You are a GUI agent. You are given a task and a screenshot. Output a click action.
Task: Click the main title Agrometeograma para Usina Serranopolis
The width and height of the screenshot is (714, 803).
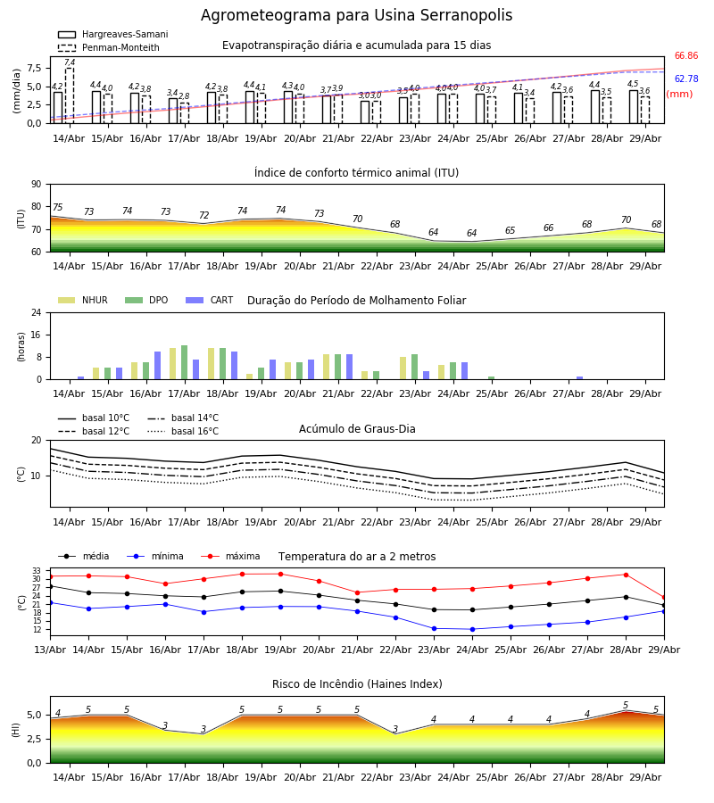356,15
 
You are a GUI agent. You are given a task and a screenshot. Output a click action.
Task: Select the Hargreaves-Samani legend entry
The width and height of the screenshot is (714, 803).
113,34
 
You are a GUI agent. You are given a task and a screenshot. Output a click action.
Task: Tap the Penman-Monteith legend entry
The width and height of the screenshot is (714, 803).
109,47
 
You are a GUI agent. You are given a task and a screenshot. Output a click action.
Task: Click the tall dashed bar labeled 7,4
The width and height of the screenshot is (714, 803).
70,95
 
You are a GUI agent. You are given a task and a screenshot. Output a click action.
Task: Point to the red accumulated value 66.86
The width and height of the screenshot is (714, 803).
686,56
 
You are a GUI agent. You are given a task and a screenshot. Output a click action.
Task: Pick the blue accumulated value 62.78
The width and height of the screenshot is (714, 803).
686,79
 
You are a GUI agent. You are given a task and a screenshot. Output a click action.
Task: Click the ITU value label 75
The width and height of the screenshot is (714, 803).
57,207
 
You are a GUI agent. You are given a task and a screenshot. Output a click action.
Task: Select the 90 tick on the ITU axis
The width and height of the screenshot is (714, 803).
37,185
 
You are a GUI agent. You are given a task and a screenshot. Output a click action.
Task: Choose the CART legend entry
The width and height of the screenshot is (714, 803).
210,300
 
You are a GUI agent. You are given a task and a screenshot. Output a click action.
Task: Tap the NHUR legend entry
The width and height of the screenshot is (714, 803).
83,300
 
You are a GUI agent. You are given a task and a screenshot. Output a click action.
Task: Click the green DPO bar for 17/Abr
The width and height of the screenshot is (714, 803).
185,362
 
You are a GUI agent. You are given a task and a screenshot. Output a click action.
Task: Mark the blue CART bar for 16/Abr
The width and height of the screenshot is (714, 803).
157,366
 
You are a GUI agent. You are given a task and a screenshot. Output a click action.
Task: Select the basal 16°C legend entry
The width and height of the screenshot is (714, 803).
183,431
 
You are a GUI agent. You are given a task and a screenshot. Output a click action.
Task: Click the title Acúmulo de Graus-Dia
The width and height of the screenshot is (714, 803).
357,429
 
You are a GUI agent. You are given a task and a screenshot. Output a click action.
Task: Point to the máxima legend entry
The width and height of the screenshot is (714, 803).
231,556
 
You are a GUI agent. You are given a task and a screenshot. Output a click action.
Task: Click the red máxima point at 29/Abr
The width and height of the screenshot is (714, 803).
664,598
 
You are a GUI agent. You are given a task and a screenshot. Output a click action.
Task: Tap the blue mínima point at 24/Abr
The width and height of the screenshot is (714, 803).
472,629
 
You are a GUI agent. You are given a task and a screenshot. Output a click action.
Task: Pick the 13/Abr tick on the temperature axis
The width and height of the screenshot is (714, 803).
50,650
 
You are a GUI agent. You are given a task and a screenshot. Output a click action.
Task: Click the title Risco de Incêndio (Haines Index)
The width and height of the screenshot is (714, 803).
357,684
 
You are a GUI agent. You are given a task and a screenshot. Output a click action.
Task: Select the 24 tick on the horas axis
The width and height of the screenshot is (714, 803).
37,312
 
